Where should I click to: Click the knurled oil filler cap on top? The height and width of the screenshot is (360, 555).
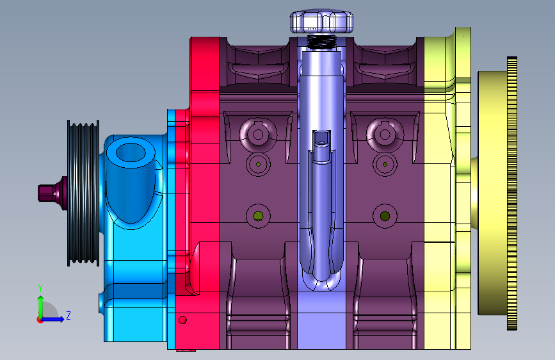(321, 22)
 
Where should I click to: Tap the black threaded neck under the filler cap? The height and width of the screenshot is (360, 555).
(321, 42)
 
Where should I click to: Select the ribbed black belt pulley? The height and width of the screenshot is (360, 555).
(83, 193)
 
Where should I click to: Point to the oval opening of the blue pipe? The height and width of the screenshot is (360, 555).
(131, 152)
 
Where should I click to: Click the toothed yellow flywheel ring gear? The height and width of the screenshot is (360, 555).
(512, 193)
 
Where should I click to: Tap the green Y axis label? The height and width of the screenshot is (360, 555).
(40, 288)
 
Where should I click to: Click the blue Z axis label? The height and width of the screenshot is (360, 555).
(68, 315)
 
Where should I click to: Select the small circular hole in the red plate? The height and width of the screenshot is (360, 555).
(182, 320)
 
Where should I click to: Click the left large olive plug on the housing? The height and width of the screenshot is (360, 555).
(258, 216)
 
